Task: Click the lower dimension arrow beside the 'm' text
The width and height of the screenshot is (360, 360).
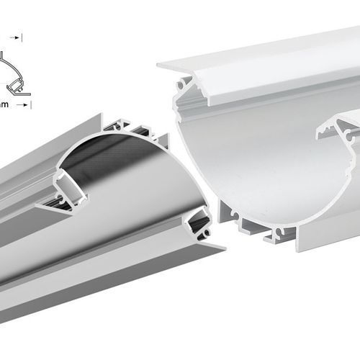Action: click(26, 105)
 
